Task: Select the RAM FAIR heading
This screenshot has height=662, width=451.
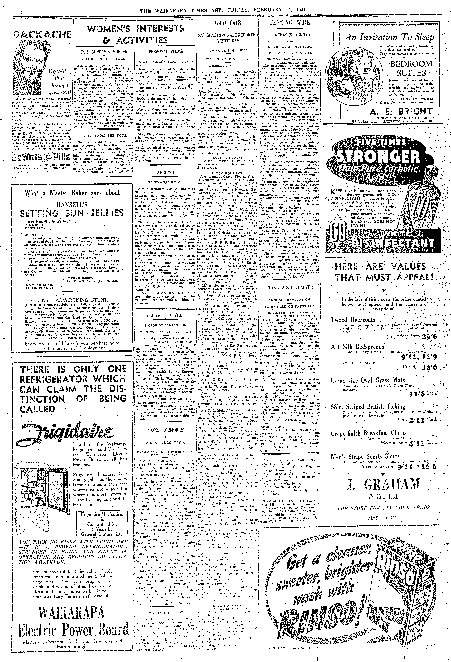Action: (228, 23)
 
